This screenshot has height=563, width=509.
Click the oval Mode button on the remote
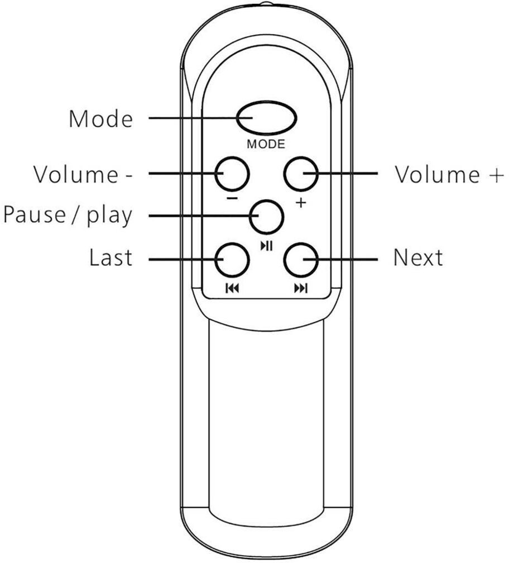[267, 118]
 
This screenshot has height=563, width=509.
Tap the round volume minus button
[232, 173]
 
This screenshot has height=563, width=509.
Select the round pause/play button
[267, 217]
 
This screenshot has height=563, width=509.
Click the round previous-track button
[232, 260]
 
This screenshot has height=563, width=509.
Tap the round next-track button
[301, 260]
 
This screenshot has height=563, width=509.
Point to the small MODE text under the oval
[266, 144]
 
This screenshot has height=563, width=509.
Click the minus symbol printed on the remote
[232, 199]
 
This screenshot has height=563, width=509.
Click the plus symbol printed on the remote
[301, 203]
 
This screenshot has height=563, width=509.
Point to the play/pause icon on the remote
[267, 246]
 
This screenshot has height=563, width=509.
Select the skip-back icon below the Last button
[232, 288]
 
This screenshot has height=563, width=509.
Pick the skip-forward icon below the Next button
[301, 288]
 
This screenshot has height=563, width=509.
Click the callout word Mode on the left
[101, 118]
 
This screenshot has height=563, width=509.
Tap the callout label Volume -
[83, 174]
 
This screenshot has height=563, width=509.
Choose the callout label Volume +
[449, 174]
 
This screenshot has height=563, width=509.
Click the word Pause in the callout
[35, 214]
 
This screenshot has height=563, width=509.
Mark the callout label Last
[111, 257]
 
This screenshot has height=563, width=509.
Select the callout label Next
[418, 257]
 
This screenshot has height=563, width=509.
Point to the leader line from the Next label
[340, 259]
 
